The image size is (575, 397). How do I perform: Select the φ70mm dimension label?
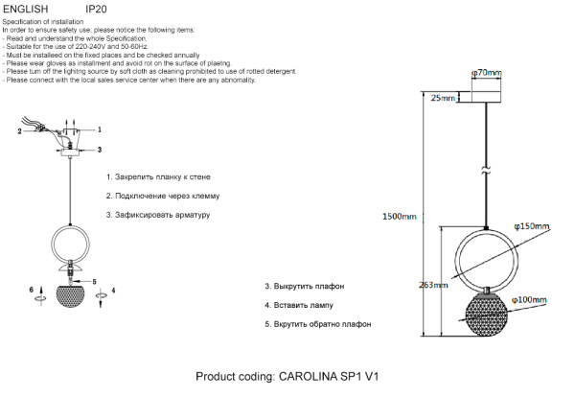coord(488,72)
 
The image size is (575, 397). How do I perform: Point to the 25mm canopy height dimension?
coord(443,98)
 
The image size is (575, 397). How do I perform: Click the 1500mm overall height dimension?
coord(400,218)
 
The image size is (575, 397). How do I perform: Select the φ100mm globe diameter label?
coord(530,300)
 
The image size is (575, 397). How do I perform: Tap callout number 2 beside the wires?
coord(19,131)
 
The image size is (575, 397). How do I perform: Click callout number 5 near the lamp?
coord(93,281)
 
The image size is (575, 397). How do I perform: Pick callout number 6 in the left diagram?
coord(32,289)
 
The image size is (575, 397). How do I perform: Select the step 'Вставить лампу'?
coord(299,305)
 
